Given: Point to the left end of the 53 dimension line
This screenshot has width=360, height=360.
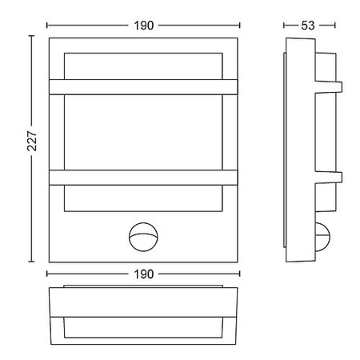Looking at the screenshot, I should (286, 24).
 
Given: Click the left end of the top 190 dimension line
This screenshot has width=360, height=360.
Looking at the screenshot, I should (47, 24).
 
